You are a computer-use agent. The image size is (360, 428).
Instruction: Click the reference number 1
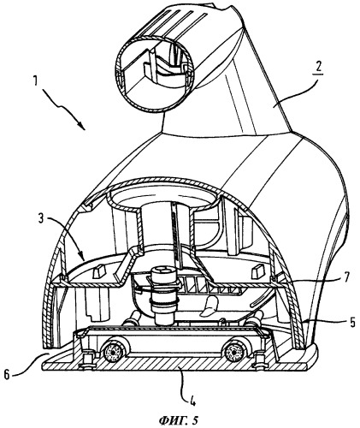35,81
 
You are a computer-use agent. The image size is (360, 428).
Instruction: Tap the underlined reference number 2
319,66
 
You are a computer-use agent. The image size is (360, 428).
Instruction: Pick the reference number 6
7,374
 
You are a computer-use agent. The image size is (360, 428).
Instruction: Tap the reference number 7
345,277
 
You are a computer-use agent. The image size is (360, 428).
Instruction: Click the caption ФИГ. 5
178,420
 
